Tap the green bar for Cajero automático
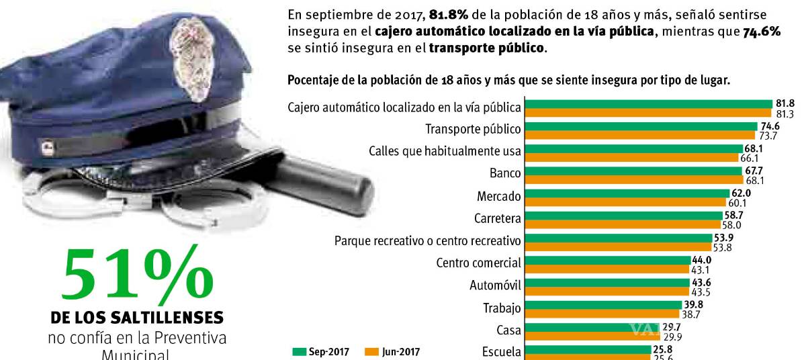pos(648,103)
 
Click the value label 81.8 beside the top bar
pos(785,103)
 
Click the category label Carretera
pos(497,218)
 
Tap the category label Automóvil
pos(495,285)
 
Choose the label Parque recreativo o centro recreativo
pos(428,240)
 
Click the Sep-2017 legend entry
pos(320,351)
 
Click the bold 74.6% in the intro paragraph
pos(761,32)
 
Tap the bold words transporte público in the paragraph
pos(488,48)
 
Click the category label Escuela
pos(501,351)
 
